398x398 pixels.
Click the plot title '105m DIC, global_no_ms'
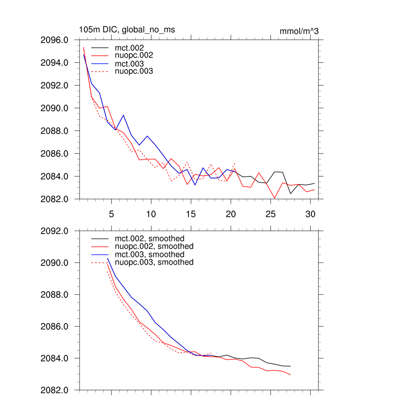coord(127,30)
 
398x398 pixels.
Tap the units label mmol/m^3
coord(299,31)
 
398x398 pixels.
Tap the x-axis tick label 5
coord(111,214)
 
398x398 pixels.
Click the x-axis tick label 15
coord(191,214)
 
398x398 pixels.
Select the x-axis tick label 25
coord(271,214)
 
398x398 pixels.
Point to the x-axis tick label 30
coord(310,214)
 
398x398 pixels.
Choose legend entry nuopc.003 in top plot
coord(134,72)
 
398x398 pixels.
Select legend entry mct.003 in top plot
coord(129,64)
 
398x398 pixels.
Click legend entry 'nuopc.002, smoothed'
coord(154,246)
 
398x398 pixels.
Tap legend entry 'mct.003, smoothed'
coord(149,255)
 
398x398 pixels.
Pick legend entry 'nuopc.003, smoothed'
coord(154,262)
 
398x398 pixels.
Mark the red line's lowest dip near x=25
coord(275,198)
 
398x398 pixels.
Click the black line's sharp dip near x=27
coord(290,194)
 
